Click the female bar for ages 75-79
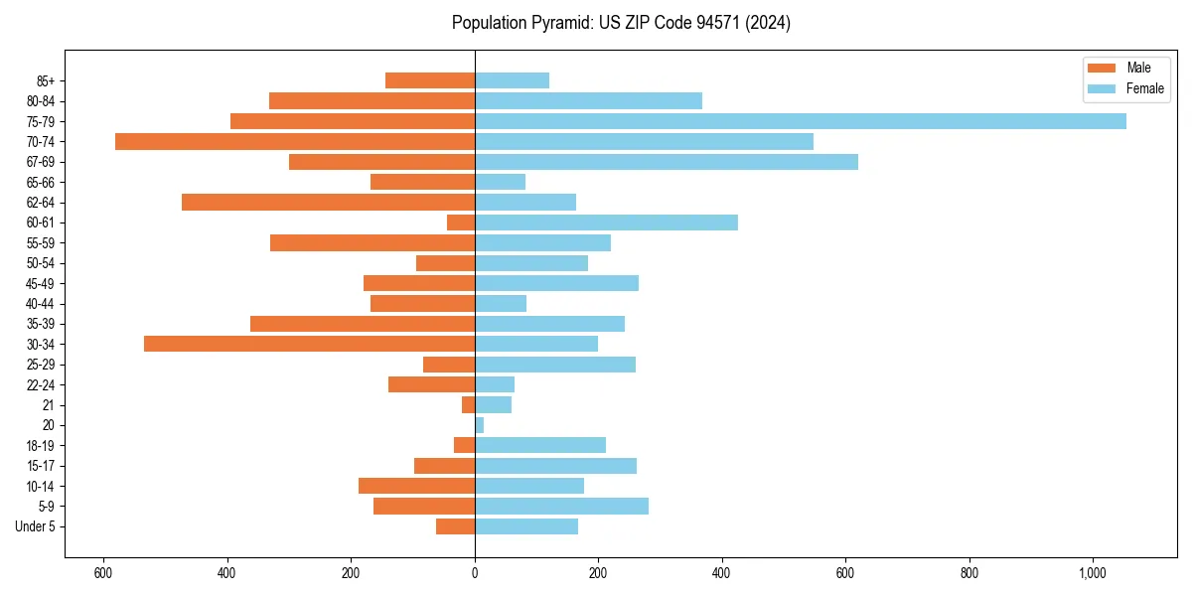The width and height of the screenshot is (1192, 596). pyautogui.click(x=800, y=121)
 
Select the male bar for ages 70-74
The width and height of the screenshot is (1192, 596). pyautogui.click(x=295, y=141)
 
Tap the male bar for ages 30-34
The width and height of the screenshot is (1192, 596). pyautogui.click(x=309, y=344)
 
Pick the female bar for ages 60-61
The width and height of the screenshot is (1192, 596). pyautogui.click(x=606, y=223)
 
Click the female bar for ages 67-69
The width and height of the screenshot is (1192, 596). pyautogui.click(x=666, y=162)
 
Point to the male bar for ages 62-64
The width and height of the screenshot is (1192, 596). pyautogui.click(x=328, y=202)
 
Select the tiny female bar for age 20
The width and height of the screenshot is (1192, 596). pyautogui.click(x=480, y=425)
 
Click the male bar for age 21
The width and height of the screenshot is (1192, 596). pyautogui.click(x=468, y=404)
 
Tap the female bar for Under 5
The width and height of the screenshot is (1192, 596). pyautogui.click(x=526, y=526)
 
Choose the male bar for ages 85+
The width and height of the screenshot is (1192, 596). pyautogui.click(x=430, y=80)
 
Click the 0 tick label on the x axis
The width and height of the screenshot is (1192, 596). pyautogui.click(x=475, y=572)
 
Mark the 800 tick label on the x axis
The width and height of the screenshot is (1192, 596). pyautogui.click(x=969, y=572)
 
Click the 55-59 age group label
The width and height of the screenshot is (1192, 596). pyautogui.click(x=41, y=242)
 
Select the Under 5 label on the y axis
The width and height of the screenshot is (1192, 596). pyautogui.click(x=36, y=526)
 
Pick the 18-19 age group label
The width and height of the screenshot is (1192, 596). pyautogui.click(x=41, y=445)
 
